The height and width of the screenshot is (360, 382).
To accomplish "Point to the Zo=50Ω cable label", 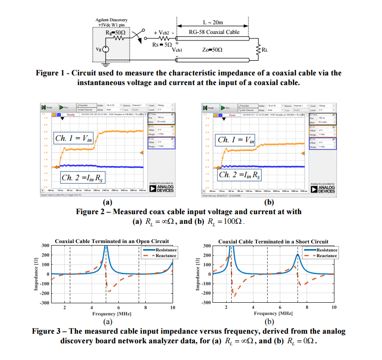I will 212,50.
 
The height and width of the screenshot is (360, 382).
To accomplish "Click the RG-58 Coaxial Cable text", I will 211,32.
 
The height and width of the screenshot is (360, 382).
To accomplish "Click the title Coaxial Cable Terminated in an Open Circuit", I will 111,242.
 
